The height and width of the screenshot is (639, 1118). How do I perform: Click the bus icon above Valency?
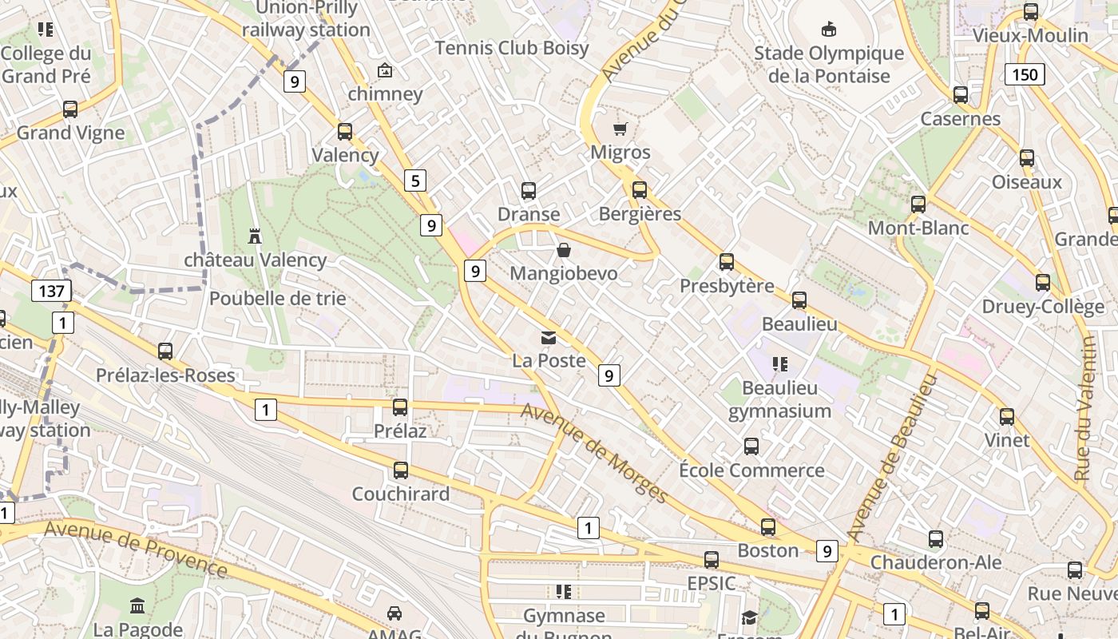point(345,132)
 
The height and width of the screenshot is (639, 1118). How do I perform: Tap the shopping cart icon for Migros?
point(620,129)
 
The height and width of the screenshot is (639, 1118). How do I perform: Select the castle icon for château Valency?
point(256,236)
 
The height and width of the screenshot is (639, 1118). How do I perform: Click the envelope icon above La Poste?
point(549,338)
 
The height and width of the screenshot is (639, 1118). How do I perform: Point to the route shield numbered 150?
point(1025,75)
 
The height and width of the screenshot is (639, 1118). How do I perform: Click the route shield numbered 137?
point(51,291)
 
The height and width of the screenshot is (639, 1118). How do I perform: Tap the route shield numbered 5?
point(414,181)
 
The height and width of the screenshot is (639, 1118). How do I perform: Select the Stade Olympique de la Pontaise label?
point(829,65)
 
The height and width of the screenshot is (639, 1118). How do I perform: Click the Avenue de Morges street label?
point(595,453)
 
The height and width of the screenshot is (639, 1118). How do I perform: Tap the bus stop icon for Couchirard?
point(401,470)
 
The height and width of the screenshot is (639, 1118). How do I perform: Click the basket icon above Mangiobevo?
point(564,251)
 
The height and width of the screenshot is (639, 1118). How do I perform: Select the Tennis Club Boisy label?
point(512,48)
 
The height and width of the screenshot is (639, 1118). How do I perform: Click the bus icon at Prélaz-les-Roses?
point(165,351)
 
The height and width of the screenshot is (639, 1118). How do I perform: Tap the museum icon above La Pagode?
point(137,606)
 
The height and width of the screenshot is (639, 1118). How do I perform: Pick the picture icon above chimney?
point(385,70)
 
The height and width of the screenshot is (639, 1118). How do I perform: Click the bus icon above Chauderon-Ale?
point(935,539)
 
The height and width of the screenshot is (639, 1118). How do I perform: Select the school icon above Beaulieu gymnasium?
point(780,364)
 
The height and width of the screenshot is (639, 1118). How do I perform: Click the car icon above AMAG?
point(394,613)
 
